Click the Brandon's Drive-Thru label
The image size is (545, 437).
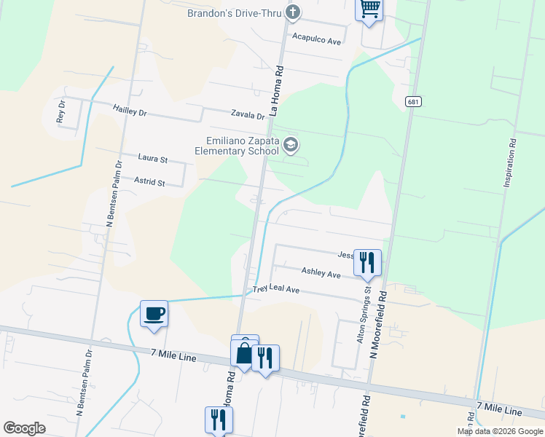coord(234,13)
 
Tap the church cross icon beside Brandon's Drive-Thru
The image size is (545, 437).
coord(293,12)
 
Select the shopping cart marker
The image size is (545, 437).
coord(369,9)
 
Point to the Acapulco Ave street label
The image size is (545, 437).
coord(316,41)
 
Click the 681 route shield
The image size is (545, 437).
coord(413,102)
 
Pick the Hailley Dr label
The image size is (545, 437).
coord(130,110)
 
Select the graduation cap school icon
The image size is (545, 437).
coord(291,144)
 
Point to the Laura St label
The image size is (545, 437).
coord(153,157)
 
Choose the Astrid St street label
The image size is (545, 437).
coord(150,180)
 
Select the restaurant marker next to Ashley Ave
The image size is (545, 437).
coord(367,261)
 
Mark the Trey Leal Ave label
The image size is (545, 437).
coord(276,289)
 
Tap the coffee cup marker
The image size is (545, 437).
coord(154,313)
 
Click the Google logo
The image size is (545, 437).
coord(24,428)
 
